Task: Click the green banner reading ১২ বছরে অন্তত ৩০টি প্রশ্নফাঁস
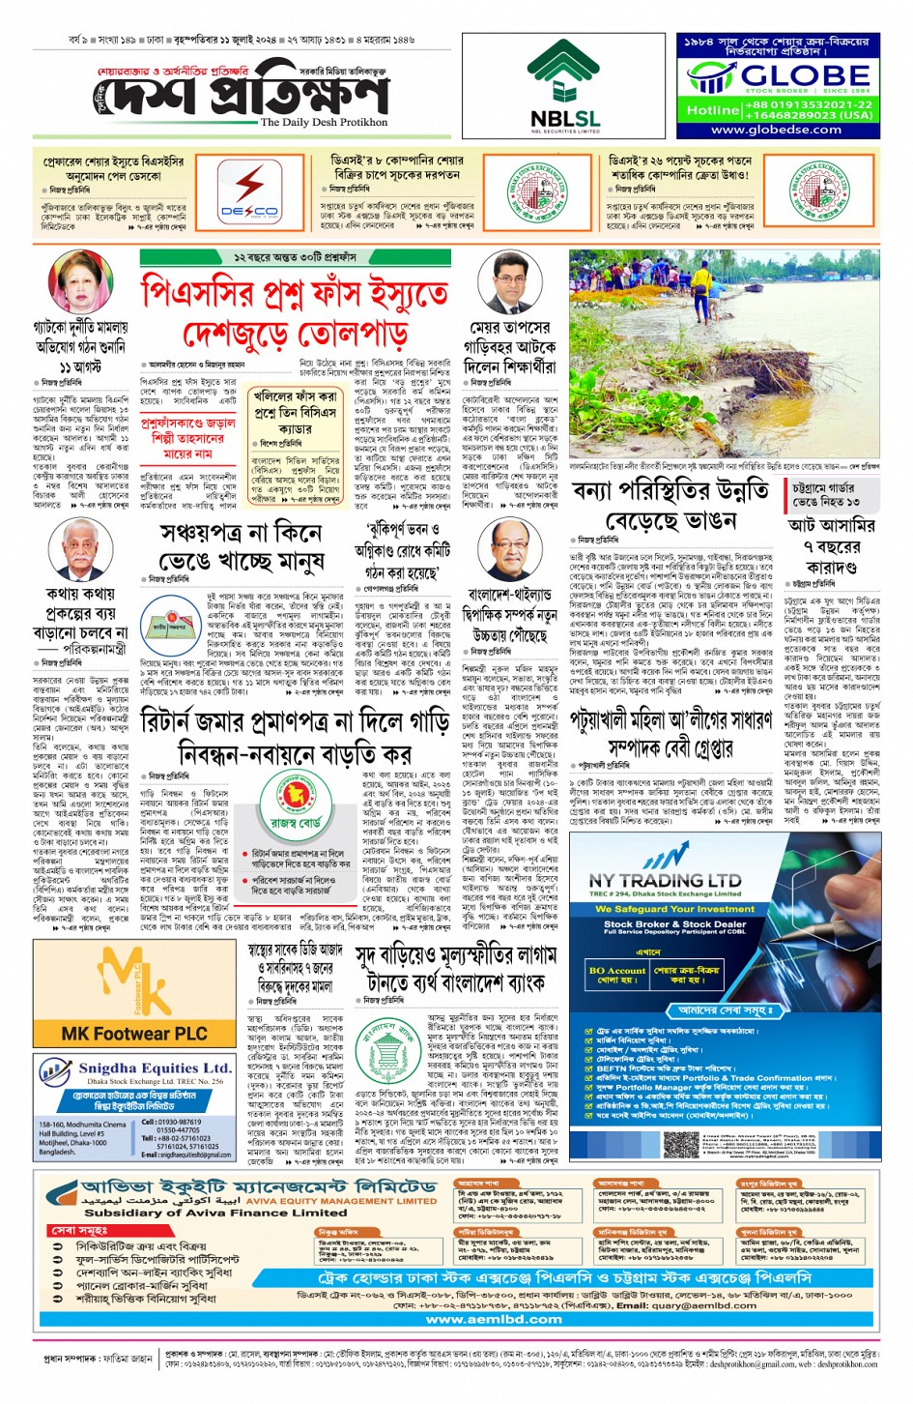(295, 258)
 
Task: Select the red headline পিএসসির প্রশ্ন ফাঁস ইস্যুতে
(295, 291)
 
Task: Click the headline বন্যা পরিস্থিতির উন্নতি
(670, 491)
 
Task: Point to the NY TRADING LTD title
(665, 881)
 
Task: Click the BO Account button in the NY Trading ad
(616, 971)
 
